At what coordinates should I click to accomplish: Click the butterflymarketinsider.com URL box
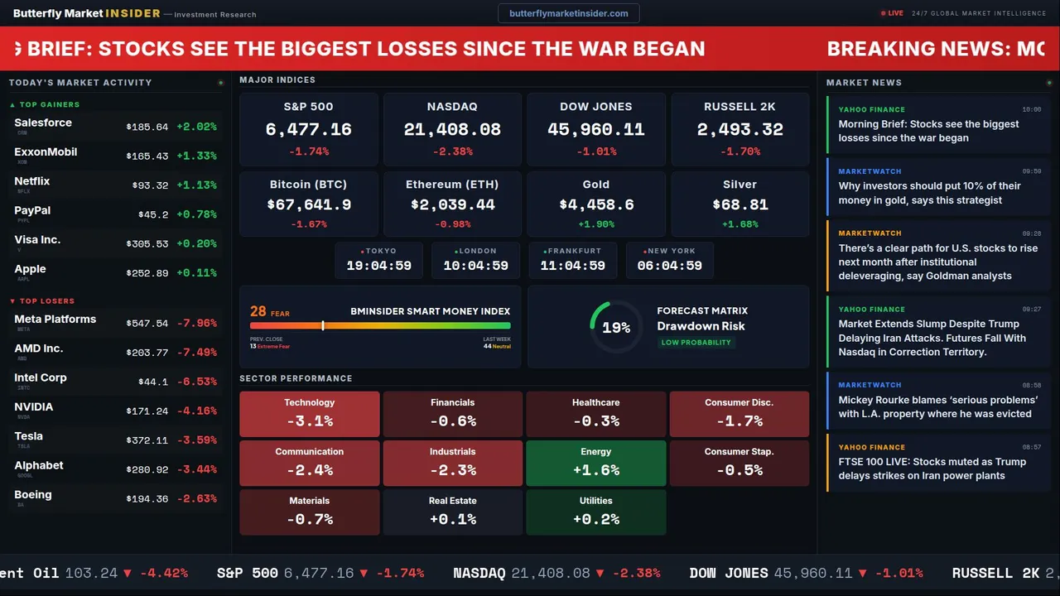tap(568, 13)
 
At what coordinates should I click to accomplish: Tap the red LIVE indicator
tap(892, 13)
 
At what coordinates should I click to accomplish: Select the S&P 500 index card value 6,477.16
tap(308, 130)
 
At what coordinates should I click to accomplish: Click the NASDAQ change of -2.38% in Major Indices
tap(452, 151)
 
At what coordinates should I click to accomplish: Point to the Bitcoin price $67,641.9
tap(308, 204)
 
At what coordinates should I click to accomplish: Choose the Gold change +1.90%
tap(596, 224)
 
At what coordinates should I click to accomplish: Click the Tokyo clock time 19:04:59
tap(378, 266)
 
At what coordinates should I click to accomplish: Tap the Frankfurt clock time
tap(572, 266)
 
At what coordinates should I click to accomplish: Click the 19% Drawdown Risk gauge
tap(615, 327)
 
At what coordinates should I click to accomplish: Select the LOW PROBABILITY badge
tap(696, 343)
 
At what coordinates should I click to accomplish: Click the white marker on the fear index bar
tap(323, 326)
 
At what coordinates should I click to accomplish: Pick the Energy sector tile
tap(596, 463)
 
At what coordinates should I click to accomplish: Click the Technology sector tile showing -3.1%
tap(309, 414)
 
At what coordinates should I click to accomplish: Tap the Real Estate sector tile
tap(452, 512)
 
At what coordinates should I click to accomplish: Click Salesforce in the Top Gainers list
tap(43, 123)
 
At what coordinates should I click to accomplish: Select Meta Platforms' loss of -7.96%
tap(197, 323)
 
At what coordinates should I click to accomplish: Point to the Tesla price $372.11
tap(147, 440)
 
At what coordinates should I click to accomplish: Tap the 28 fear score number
tap(258, 311)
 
